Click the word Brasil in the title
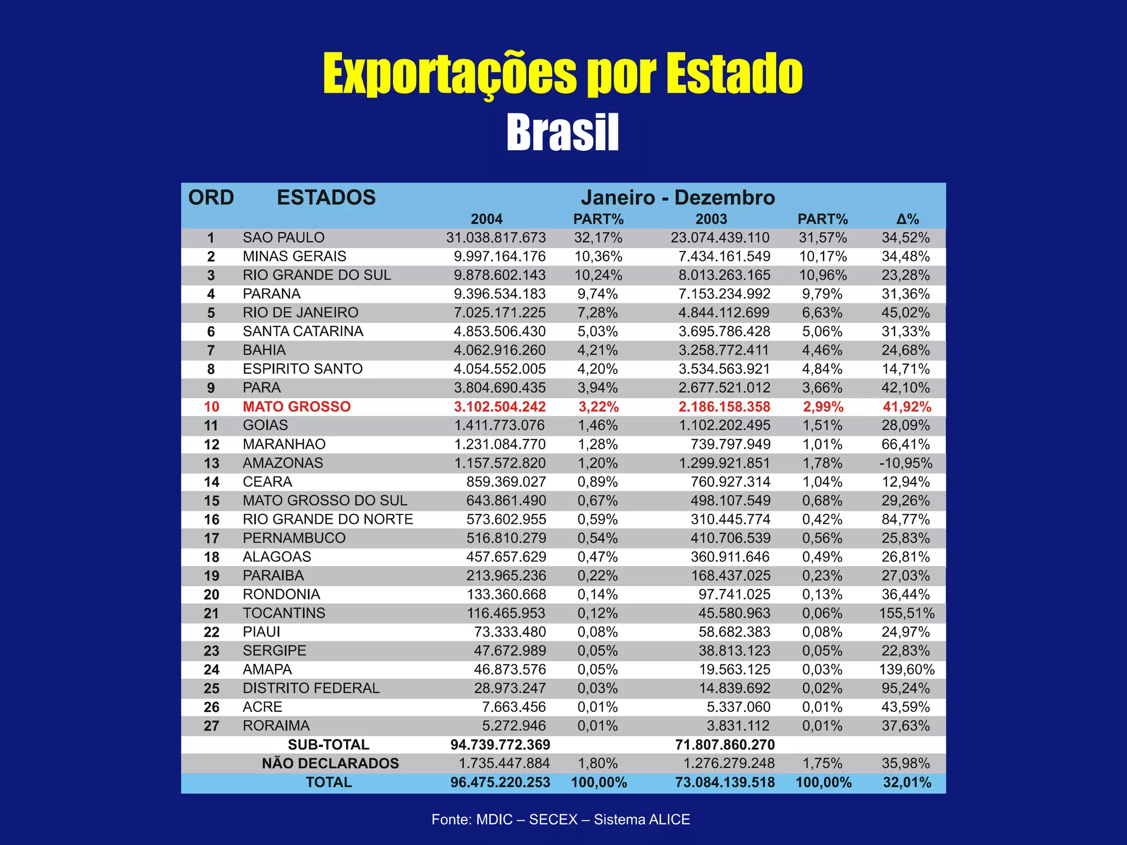(562, 133)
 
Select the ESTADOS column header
(326, 197)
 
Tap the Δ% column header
(907, 219)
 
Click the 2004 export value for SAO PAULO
(495, 238)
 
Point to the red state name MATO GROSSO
(297, 407)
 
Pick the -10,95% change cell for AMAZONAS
(905, 463)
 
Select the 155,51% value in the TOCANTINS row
(906, 613)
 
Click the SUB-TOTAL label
(329, 744)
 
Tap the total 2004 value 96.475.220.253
(500, 782)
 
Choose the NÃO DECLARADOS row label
(330, 763)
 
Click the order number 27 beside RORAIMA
(211, 726)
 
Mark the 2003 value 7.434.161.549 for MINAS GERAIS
(724, 256)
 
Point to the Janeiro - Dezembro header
(677, 197)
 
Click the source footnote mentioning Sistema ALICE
(560, 819)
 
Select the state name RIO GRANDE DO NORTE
(327, 519)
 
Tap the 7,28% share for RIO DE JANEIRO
(597, 312)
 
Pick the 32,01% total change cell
(906, 782)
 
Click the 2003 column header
(711, 219)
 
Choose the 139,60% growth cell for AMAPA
(906, 670)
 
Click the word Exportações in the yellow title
(449, 74)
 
